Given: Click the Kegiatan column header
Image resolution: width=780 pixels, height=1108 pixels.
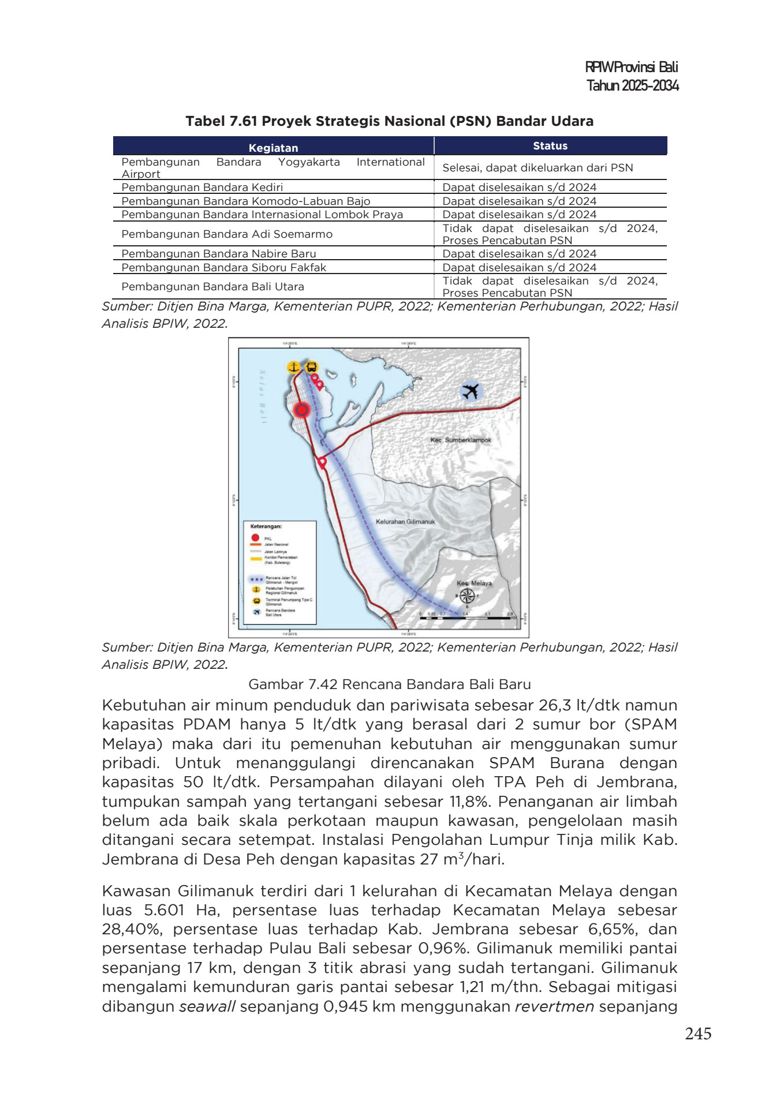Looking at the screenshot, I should coord(273,148).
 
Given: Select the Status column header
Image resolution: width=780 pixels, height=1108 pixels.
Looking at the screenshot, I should coord(550,146).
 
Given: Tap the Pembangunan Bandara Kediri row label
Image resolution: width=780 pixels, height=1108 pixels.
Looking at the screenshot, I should coord(202,188).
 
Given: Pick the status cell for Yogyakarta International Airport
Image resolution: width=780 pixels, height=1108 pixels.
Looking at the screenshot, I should coord(538,168).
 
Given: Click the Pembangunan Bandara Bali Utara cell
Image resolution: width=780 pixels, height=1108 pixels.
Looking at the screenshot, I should coord(212,287).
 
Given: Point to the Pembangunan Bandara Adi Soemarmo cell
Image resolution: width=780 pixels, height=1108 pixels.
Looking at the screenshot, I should coord(227,234).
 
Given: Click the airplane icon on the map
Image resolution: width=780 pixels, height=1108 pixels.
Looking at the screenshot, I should coord(471,391).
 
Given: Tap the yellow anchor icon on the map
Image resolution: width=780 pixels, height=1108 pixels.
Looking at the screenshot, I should coord(294,367).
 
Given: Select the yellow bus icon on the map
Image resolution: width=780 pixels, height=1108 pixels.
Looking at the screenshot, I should coord(311,367).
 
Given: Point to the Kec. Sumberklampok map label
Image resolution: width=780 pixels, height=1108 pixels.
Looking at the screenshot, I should coord(461,440).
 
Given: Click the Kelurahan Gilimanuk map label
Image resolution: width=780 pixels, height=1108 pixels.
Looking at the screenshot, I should coord(405,522).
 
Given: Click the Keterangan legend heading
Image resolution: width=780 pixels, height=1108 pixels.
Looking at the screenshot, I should coord(266,526).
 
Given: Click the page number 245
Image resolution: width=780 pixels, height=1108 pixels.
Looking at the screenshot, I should coord(698,1034).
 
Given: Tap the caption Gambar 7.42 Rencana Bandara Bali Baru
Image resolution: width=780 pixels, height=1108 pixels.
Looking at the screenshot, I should coord(389,684).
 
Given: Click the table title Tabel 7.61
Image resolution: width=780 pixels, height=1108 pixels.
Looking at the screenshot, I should coord(389,121).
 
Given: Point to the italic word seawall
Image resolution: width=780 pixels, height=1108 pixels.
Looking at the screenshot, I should coord(207,1007).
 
